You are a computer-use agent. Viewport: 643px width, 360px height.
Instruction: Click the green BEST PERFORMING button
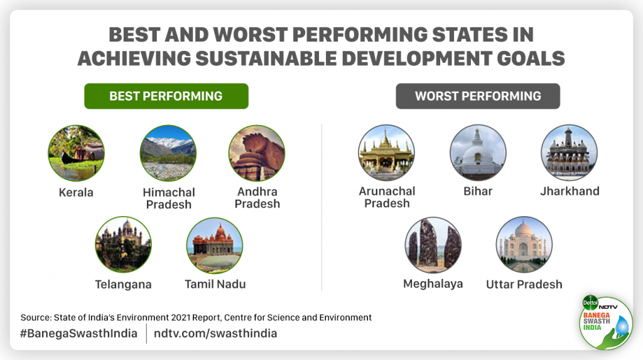[166, 96]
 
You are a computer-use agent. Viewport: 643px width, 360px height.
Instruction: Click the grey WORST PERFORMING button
[478, 96]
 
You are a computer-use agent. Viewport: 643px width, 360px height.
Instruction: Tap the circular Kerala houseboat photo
[76, 153]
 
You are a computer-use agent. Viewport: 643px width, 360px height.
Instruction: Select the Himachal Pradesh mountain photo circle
[168, 153]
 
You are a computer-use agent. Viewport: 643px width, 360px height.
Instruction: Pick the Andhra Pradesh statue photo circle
[256, 153]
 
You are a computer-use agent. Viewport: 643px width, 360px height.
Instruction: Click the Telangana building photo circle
[123, 244]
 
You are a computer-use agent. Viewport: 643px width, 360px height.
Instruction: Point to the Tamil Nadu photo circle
[215, 244]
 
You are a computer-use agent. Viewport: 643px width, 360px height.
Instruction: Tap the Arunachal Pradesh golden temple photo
[386, 153]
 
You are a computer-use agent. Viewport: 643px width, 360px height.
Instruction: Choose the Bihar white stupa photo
[478, 153]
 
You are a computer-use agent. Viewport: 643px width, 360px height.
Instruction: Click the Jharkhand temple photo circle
[569, 153]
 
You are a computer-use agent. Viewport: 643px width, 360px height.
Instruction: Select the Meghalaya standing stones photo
[433, 245]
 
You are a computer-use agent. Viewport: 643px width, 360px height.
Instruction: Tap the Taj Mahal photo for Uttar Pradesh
[524, 245]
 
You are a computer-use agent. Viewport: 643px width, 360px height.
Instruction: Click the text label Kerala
[76, 192]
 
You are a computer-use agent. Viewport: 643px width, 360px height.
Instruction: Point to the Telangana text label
[123, 284]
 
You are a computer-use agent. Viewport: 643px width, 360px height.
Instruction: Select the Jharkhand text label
[570, 191]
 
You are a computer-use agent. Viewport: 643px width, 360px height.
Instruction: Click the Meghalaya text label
[433, 283]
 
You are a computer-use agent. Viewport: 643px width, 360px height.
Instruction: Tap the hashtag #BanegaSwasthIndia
[78, 333]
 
